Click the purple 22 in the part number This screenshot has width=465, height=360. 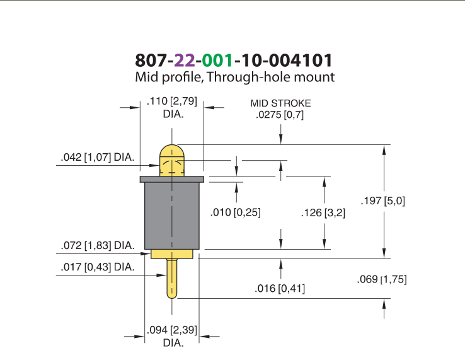185,61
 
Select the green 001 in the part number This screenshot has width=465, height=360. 217,61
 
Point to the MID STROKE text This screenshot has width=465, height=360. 280,103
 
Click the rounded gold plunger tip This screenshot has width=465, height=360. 172,160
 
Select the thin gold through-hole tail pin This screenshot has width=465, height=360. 172,279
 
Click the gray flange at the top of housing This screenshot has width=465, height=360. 172,179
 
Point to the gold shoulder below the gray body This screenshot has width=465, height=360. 172,254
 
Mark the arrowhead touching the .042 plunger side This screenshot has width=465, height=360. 154,165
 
